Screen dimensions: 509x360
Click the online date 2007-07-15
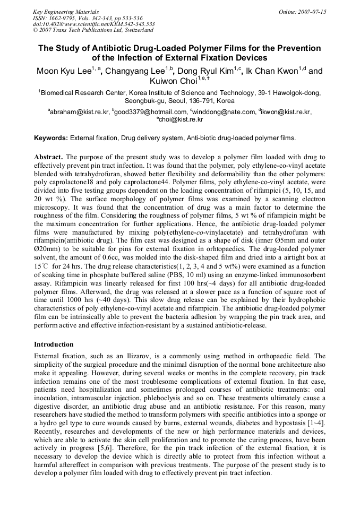pyautogui.click(x=313, y=12)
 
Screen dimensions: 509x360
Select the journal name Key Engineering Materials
pyautogui.click(x=66, y=12)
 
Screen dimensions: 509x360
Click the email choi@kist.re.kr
pyautogui.click(x=181, y=120)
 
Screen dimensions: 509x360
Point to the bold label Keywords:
pyautogui.click(x=51, y=138)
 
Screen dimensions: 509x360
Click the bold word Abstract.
pyautogui.click(x=48, y=158)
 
